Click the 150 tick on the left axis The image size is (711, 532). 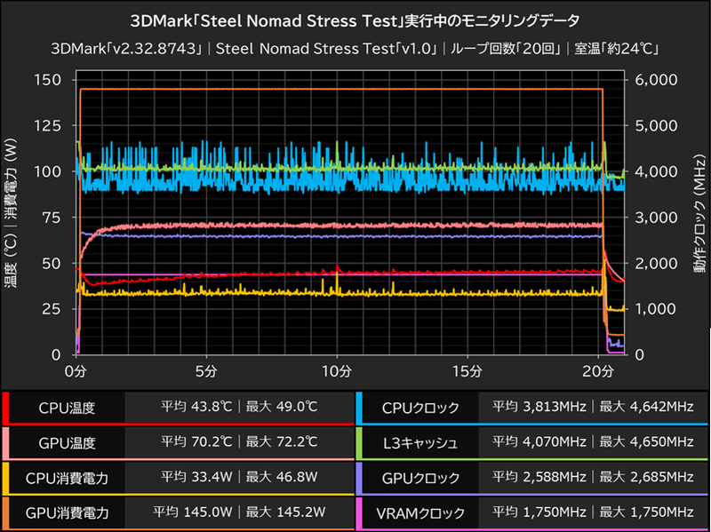pos(46,80)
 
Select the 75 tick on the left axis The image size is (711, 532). pos(52,218)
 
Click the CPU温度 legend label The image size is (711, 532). pos(67,409)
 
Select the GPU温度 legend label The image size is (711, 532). pos(67,442)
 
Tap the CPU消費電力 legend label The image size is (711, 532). pos(67,478)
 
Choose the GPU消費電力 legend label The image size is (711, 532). pos(67,512)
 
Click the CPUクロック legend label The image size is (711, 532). pos(421,409)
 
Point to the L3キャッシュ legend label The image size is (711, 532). pos(421,442)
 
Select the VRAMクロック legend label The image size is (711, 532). pos(421,512)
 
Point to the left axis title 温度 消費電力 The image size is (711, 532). pos(12,218)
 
